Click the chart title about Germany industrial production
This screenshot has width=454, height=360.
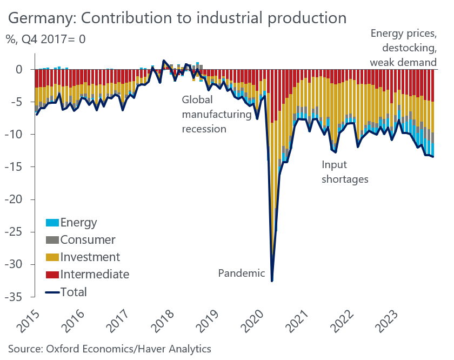177,17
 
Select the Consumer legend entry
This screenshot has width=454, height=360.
88,239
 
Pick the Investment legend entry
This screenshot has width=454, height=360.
90,257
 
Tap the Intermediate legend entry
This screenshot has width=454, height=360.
95,274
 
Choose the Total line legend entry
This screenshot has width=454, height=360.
74,292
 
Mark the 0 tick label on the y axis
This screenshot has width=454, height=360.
19,69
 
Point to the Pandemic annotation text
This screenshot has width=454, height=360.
241,273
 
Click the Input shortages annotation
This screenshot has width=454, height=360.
345,172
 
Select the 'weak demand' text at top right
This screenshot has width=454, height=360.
403,63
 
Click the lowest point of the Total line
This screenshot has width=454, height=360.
272,281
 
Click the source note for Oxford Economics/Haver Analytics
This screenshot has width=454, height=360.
109,348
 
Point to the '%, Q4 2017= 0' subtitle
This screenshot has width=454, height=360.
46,39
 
